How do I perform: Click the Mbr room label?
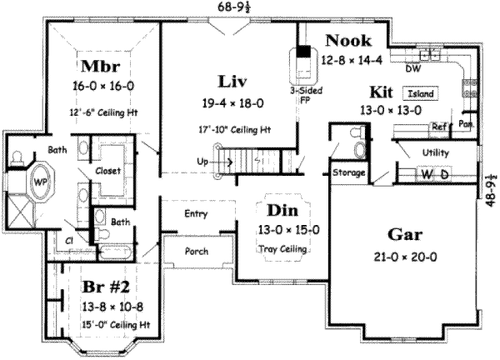(x=101, y=66)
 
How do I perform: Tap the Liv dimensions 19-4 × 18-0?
(x=233, y=103)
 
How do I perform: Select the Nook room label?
(x=348, y=41)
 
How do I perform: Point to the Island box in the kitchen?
(x=421, y=93)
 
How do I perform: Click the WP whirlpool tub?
(x=41, y=182)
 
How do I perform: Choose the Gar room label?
(x=405, y=235)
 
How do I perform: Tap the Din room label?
(x=282, y=211)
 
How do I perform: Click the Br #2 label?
(x=106, y=287)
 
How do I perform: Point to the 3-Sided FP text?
(x=306, y=95)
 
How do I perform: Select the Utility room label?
(x=436, y=152)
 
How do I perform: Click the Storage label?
(x=348, y=172)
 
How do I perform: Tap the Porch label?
(x=197, y=252)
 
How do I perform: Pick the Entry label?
(x=196, y=213)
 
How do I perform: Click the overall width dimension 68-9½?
(x=233, y=7)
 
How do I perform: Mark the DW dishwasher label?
(x=413, y=68)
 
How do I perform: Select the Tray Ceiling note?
(x=282, y=248)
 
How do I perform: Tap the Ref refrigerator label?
(x=439, y=127)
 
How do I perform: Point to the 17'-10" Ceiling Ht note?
(x=235, y=130)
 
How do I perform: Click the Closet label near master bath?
(x=108, y=171)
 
